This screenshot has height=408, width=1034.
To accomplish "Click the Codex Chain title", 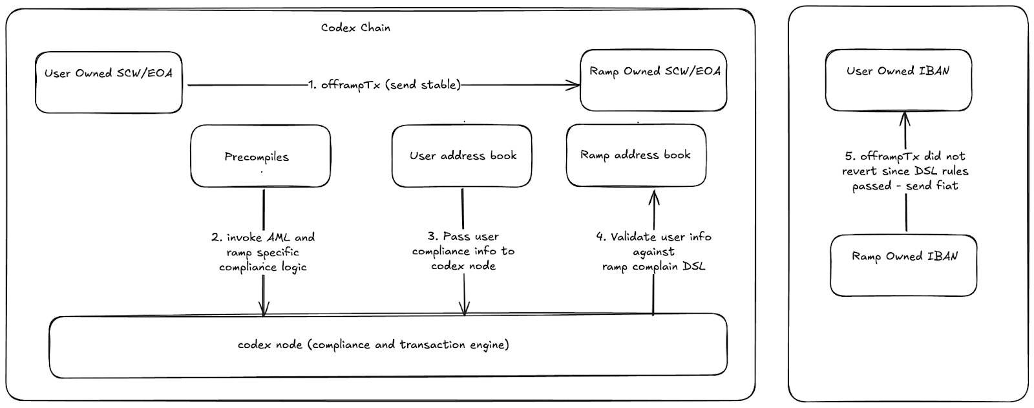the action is pyautogui.click(x=355, y=28).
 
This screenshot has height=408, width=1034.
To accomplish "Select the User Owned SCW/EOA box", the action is pyautogui.click(x=109, y=82).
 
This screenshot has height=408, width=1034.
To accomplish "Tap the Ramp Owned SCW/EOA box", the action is pyautogui.click(x=653, y=80).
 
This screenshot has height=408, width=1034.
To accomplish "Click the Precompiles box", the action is pyautogui.click(x=261, y=156).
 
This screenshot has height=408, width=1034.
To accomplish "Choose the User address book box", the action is pyautogui.click(x=462, y=156).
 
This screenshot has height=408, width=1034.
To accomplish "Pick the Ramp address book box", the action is pyautogui.click(x=636, y=155).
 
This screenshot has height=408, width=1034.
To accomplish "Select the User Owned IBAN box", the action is pyautogui.click(x=898, y=80).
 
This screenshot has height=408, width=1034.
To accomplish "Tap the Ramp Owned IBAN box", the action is pyautogui.click(x=903, y=266).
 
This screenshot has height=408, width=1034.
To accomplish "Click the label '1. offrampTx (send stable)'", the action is pyautogui.click(x=384, y=85).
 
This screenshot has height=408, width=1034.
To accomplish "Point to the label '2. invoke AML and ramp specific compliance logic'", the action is pyautogui.click(x=263, y=252).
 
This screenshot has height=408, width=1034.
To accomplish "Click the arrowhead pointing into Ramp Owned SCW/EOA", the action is pyautogui.click(x=574, y=85).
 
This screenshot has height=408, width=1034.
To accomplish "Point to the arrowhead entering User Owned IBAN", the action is pyautogui.click(x=905, y=120).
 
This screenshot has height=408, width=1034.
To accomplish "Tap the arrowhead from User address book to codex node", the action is pyautogui.click(x=465, y=308).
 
